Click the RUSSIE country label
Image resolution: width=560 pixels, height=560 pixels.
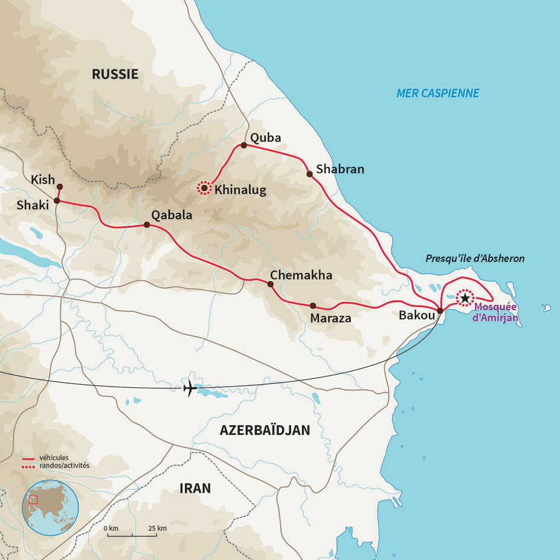pyautogui.click(x=115, y=74)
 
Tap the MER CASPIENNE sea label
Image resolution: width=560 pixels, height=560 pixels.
pyautogui.click(x=437, y=93)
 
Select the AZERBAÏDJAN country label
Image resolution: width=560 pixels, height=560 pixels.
pyautogui.click(x=265, y=430)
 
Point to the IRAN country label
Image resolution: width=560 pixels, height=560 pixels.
pyautogui.click(x=195, y=488)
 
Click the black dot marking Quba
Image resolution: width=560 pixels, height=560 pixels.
pyautogui.click(x=243, y=146)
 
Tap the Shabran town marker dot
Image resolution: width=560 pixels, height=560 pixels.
pyautogui.click(x=309, y=174)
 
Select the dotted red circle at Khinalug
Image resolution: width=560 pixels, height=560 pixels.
pyautogui.click(x=204, y=189)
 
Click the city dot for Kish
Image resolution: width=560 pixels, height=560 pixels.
pyautogui.click(x=59, y=186)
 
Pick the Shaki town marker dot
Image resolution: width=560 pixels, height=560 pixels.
pyautogui.click(x=57, y=201)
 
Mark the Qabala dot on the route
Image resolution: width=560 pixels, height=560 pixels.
pyautogui.click(x=146, y=225)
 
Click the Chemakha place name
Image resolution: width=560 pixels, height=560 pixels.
pyautogui.click(x=301, y=275)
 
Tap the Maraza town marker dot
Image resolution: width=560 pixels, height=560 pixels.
pyautogui.click(x=312, y=306)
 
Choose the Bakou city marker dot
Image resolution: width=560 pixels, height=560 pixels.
pyautogui.click(x=440, y=311)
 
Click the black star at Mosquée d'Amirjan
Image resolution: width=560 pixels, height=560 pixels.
pyautogui.click(x=465, y=298)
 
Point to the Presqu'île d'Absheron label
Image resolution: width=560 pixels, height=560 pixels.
pyautogui.click(x=475, y=258)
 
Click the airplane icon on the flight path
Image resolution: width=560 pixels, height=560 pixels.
pyautogui.click(x=190, y=388)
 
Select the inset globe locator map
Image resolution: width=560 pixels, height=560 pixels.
pyautogui.click(x=50, y=507)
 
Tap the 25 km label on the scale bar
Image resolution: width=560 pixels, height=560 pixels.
pyautogui.click(x=157, y=529)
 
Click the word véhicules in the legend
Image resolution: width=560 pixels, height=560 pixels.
pyautogui.click(x=54, y=459)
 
